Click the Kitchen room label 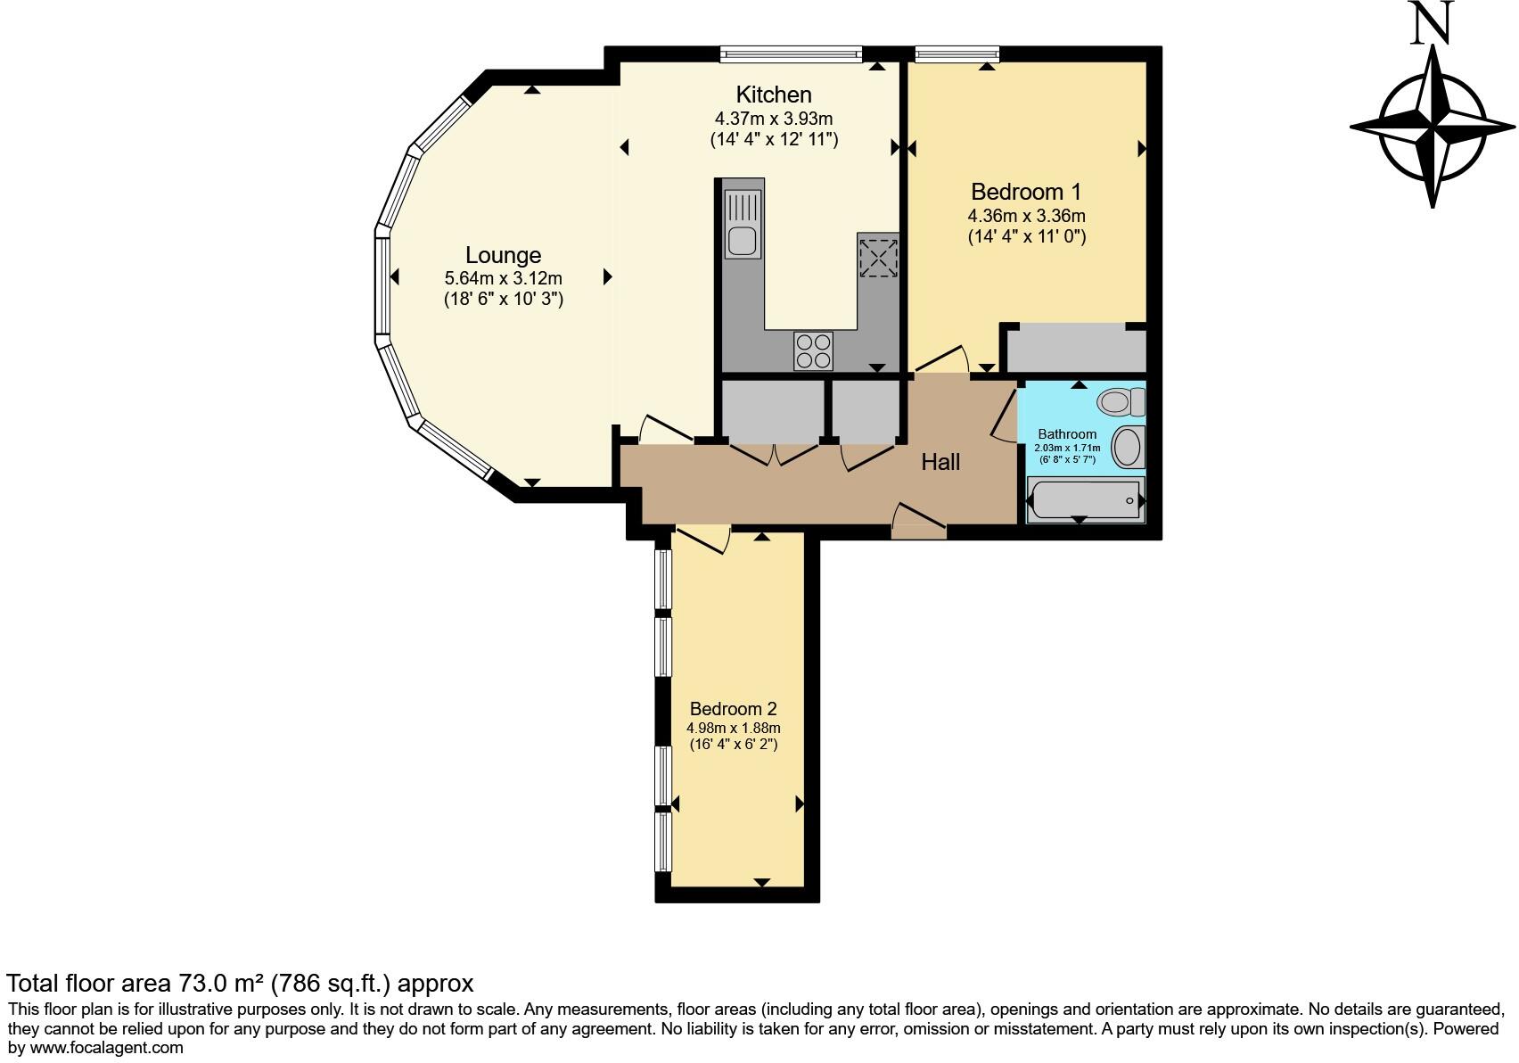[773, 95]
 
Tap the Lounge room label [503, 256]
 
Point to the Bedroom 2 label [733, 709]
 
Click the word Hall [940, 462]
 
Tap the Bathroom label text [1067, 434]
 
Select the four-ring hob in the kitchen [813, 350]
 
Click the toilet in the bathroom [1121, 401]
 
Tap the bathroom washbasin [1129, 447]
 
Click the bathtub [1085, 500]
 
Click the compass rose [1433, 127]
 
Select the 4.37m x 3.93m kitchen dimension [773, 119]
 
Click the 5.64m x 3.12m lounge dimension [503, 279]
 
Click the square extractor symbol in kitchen [878, 257]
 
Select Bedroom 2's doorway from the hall [702, 539]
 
